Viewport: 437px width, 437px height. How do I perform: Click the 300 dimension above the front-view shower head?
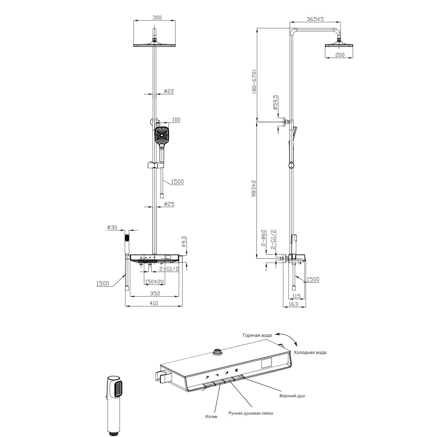coord(157,18)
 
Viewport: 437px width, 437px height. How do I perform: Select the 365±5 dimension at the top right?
coord(315,19)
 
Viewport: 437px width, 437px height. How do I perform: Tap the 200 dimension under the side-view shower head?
coord(340,55)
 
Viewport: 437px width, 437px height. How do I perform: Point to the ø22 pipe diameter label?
coord(169,91)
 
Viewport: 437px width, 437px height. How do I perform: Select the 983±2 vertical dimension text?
coord(254,188)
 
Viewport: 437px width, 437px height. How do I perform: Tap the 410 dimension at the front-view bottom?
coord(154,303)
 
